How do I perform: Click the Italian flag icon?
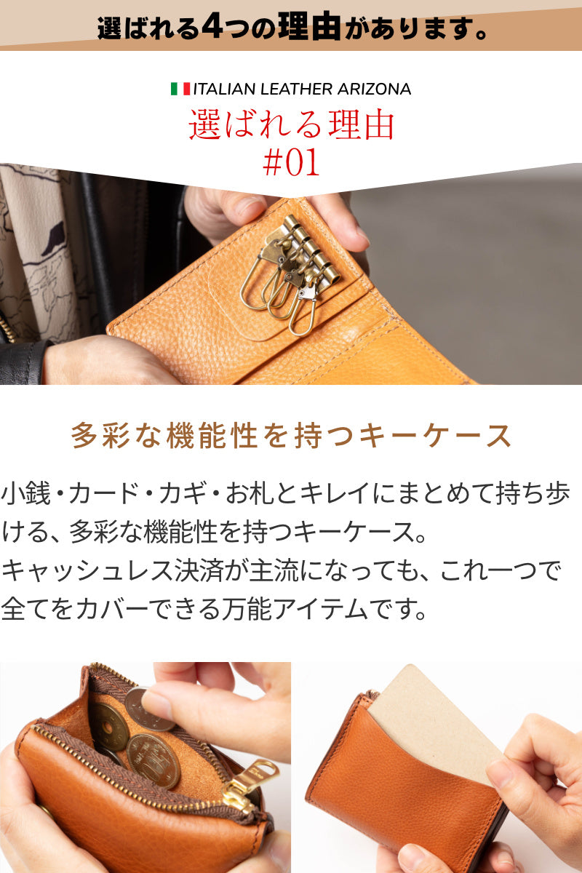(180, 89)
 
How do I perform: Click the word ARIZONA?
(374, 89)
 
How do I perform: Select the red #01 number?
(291, 163)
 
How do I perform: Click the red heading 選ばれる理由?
(291, 124)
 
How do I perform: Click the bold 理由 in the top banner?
(309, 26)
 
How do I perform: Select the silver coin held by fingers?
(148, 710)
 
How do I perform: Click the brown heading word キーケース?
(434, 436)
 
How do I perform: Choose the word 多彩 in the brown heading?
(100, 436)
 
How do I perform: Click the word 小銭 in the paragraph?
(26, 493)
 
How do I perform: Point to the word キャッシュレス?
(87, 570)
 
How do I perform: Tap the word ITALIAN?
(225, 89)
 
